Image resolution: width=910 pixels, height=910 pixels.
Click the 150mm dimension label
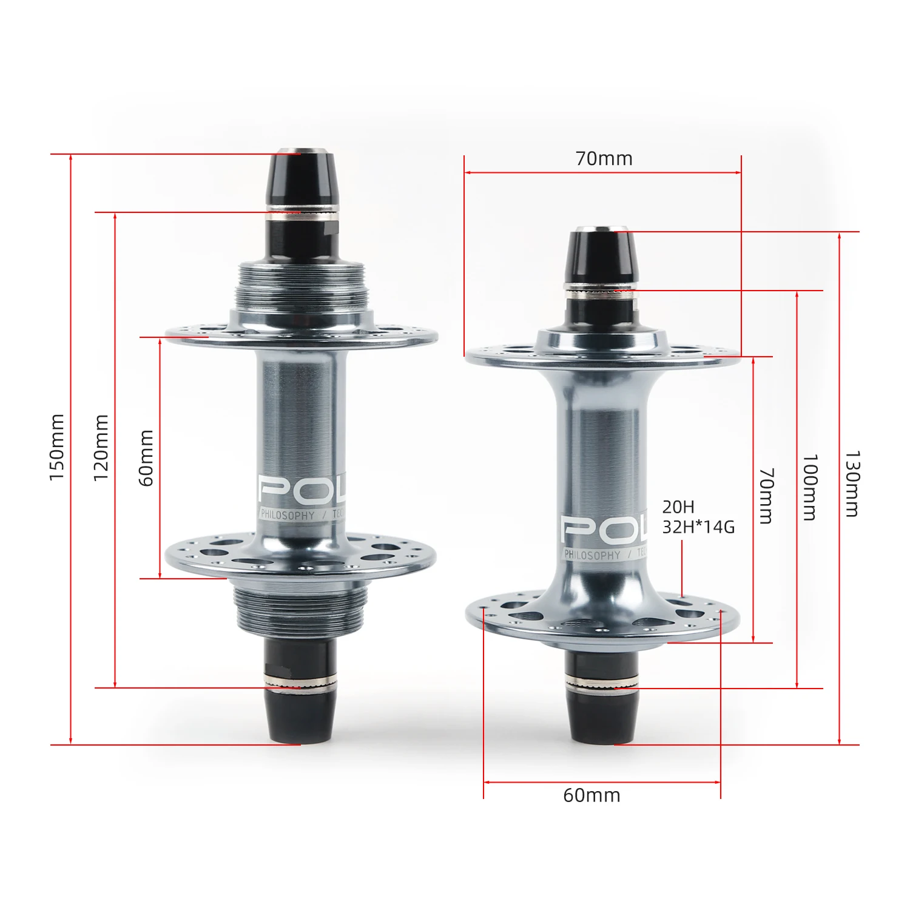click(x=57, y=447)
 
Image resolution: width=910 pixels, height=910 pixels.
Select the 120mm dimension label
click(x=101, y=448)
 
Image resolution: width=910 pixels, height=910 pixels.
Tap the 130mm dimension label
click(x=852, y=484)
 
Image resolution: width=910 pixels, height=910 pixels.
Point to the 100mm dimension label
click(x=810, y=487)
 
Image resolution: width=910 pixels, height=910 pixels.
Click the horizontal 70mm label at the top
click(x=604, y=159)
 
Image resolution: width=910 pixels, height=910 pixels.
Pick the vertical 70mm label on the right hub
click(x=766, y=495)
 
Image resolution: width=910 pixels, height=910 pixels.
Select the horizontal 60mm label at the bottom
click(x=591, y=795)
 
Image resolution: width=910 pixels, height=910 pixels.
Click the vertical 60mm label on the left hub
click(x=147, y=457)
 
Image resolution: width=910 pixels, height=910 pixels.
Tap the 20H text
click(x=678, y=507)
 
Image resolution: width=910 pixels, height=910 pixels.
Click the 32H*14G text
click(x=698, y=527)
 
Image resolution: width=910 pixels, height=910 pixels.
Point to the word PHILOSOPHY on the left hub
click(x=288, y=515)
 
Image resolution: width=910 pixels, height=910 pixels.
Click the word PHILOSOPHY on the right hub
click(x=592, y=554)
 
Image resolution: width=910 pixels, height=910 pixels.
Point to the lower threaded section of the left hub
click(x=302, y=612)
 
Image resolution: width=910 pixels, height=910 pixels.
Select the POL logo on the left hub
click(x=298, y=490)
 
